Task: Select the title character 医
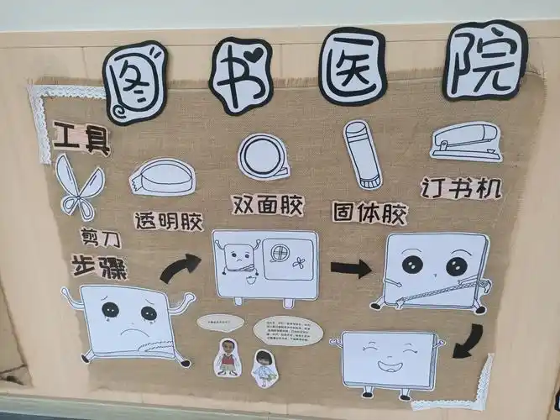pos(352,66)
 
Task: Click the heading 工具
pos(81,139)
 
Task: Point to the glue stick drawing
pos(362,155)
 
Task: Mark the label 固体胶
pos(370,212)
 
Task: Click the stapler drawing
pos(466,142)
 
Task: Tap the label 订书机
pos(462,188)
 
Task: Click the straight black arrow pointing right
pos(350,269)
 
